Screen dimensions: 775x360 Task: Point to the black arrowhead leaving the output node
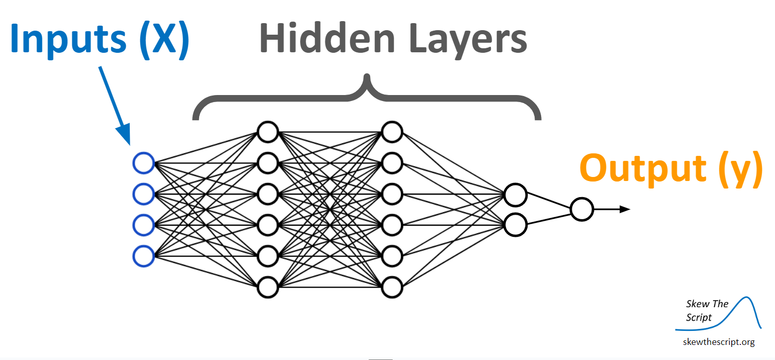625,209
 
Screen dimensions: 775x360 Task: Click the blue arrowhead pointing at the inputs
124,134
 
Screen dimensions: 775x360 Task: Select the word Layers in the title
468,40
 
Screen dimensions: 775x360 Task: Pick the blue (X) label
164,40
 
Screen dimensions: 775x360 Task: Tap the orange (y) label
740,169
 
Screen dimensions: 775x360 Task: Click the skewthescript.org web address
719,342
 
